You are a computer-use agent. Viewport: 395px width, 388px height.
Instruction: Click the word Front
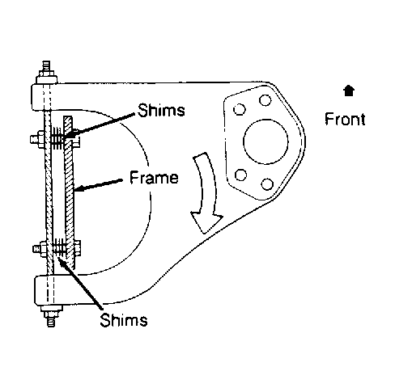pos(345,119)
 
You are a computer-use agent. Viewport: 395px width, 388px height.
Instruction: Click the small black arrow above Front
pos(349,91)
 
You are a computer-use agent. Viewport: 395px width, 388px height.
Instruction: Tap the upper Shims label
pos(161,110)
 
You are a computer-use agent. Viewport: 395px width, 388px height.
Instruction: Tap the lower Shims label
pos(124,320)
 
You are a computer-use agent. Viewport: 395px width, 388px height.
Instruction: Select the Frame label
pos(154,178)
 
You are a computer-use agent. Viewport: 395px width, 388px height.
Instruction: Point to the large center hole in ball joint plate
pos(265,141)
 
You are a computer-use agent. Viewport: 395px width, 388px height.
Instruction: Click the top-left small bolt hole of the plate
pos(240,109)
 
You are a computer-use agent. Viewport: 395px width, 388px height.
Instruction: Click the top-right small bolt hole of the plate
pos(265,100)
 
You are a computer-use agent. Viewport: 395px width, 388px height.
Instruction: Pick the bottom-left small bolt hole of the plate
pos(240,175)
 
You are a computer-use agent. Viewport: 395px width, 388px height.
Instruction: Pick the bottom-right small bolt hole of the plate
pos(267,184)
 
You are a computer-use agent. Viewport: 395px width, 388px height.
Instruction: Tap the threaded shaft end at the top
pos(46,66)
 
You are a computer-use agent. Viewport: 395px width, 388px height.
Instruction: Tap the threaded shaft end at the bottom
pos(51,321)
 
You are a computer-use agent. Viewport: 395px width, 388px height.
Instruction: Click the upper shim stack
pos(57,138)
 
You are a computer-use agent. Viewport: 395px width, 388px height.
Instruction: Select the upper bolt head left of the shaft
pos(37,139)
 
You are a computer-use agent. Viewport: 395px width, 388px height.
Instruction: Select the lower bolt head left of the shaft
pos(40,248)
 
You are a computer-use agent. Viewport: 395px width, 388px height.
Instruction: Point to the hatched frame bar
pos(70,192)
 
